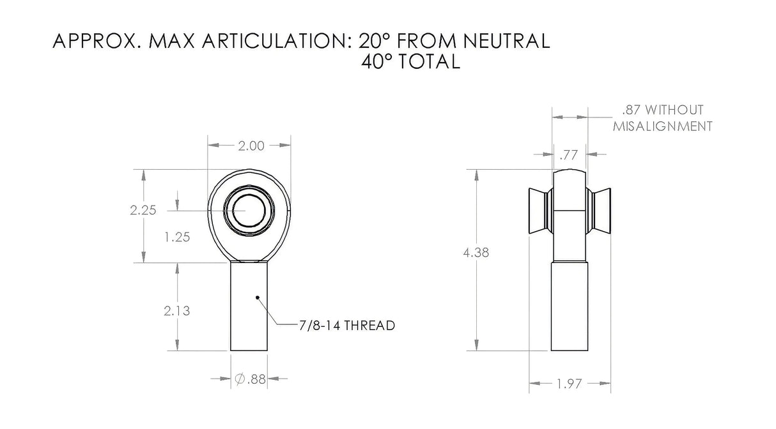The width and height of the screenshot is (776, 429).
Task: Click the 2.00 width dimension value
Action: pyautogui.click(x=251, y=146)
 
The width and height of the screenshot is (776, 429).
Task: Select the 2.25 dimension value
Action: pyautogui.click(x=143, y=210)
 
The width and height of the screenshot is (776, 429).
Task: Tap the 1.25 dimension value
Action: pyautogui.click(x=177, y=237)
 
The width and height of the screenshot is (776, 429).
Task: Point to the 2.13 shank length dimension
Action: pyautogui.click(x=177, y=311)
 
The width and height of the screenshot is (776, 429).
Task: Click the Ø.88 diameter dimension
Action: pyautogui.click(x=250, y=379)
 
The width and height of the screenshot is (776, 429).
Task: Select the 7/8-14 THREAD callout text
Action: pyautogui.click(x=347, y=326)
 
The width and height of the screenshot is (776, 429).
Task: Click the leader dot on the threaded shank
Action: pyautogui.click(x=258, y=297)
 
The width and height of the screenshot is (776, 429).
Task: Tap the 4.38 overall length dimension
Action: pyautogui.click(x=476, y=253)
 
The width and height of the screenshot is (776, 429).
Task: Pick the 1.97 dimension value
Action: pyautogui.click(x=569, y=384)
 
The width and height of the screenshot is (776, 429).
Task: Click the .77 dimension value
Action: pyautogui.click(x=568, y=155)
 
